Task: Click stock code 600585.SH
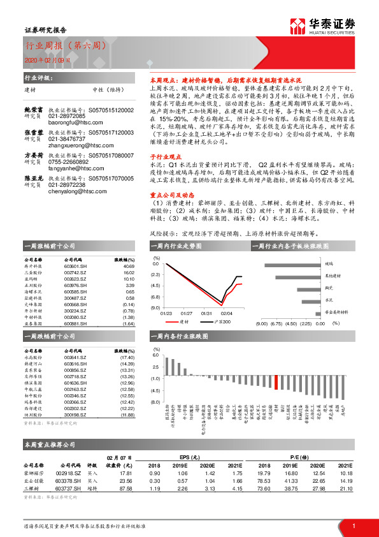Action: point(75,290)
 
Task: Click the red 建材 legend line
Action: point(175,322)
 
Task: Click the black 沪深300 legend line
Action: point(211,322)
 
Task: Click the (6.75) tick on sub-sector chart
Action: point(277,323)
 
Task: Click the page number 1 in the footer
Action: point(353,526)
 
